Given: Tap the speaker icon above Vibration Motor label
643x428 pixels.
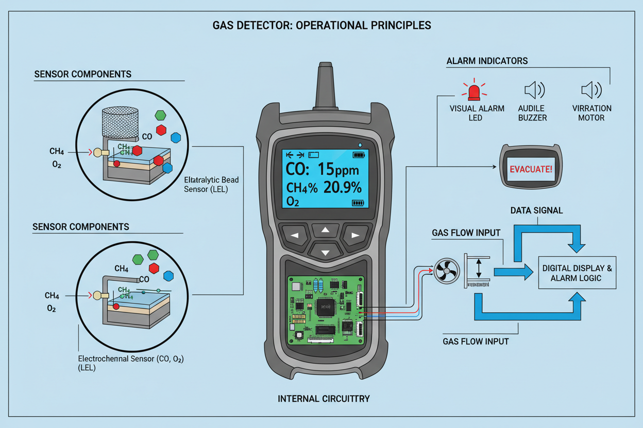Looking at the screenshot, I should tap(591, 91).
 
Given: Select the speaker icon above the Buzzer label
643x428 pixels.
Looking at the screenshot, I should tap(534, 91).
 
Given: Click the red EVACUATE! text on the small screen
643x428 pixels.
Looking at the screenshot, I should tap(530, 169).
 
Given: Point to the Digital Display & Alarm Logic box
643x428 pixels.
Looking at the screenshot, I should tap(577, 273).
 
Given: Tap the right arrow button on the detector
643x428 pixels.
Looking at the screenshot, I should tap(355, 236).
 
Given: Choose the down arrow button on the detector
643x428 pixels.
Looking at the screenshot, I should tap(325, 252).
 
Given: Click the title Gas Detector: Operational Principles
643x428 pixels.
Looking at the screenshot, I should tap(321, 25).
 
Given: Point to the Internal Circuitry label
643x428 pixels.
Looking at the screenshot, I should tap(324, 399).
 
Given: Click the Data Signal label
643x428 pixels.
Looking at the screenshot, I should tap(536, 210).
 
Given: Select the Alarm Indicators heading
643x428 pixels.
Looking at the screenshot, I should tap(487, 61).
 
